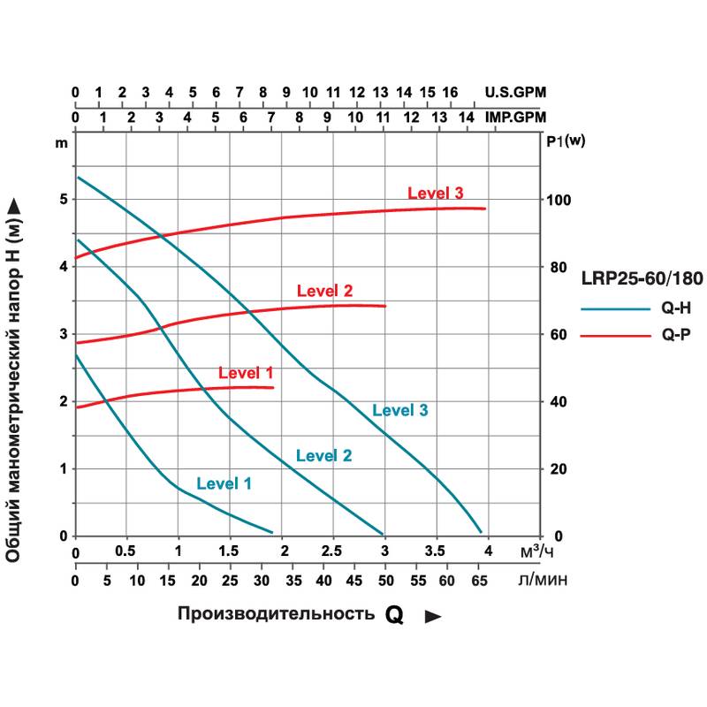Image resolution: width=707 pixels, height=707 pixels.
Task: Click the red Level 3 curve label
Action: [x=435, y=194]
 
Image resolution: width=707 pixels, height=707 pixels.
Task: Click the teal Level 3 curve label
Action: [x=400, y=410]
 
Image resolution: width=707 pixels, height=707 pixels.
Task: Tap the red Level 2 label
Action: [x=324, y=290]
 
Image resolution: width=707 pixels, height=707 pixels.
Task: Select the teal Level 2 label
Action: [x=323, y=456]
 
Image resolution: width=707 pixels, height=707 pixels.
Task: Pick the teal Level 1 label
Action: [x=224, y=483]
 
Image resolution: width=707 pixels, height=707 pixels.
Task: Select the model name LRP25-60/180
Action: [x=642, y=279]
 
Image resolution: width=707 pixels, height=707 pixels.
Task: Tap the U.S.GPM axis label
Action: [x=516, y=92]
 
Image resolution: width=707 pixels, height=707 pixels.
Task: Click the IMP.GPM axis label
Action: [x=516, y=117]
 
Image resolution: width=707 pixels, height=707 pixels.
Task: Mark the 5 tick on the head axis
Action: [x=63, y=200]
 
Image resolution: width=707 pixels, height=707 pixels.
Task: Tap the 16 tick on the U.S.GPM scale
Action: [x=450, y=92]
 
